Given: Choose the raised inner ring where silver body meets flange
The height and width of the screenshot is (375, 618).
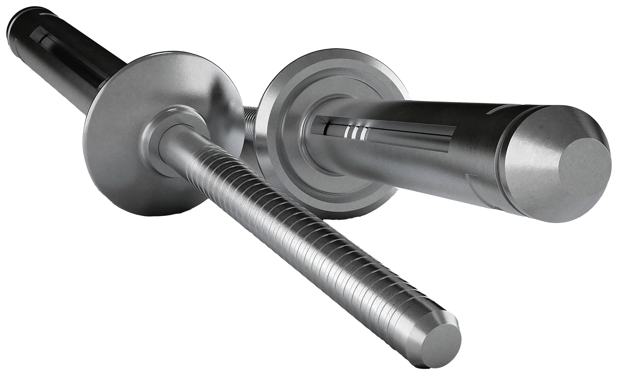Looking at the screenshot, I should (311, 150).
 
